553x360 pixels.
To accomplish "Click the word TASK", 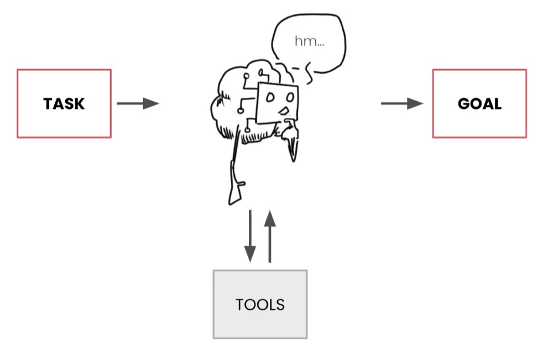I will click(64, 103).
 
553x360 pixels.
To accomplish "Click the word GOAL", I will click(479, 103).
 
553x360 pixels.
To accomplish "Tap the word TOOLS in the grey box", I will click(260, 304).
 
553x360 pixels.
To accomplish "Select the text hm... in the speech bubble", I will click(309, 41).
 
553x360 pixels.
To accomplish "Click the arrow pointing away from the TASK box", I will click(138, 103).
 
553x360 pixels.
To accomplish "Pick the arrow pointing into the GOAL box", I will click(402, 103).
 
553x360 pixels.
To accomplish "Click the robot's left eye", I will click(270, 98).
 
